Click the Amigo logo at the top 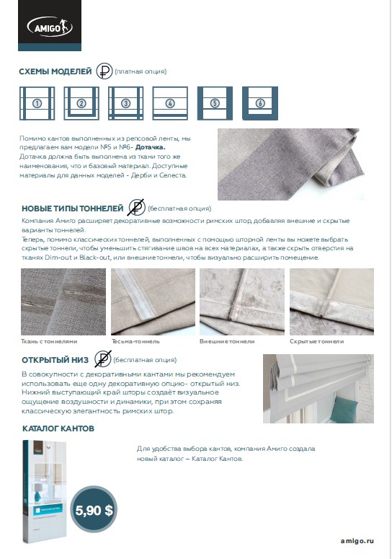point(50,26)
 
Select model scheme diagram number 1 point(37,103)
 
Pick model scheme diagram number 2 point(81,103)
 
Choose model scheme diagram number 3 point(125,103)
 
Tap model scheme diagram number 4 point(170,103)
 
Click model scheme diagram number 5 point(215,103)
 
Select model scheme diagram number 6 point(260,103)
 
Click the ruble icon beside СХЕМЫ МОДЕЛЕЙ point(104,71)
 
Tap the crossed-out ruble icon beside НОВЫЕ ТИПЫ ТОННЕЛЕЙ point(137,208)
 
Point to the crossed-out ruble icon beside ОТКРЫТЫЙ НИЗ point(103,359)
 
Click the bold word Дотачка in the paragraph point(151,147)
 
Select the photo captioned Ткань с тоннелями point(63,301)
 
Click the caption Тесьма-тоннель point(135,341)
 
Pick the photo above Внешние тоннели point(242,301)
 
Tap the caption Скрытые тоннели point(316,341)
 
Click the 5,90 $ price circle point(94,510)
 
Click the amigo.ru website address point(357,541)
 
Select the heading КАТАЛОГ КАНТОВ point(58,428)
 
